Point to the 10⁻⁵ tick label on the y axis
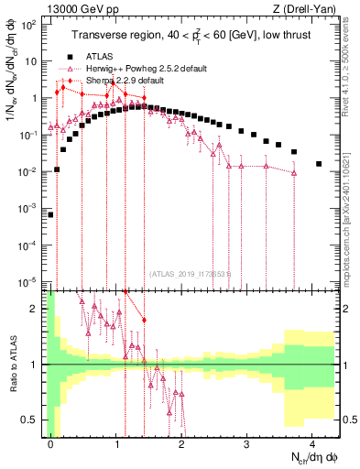click(x=27, y=281)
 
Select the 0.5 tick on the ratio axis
click(x=32, y=420)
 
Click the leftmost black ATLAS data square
click(x=50, y=215)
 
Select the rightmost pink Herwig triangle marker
click(x=294, y=172)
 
